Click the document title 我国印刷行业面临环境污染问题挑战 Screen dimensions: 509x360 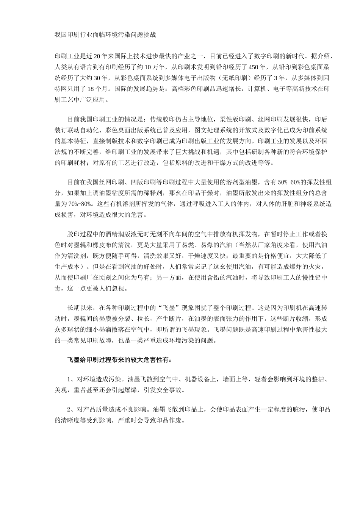tap(105, 35)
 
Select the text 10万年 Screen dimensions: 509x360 tap(155, 68)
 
